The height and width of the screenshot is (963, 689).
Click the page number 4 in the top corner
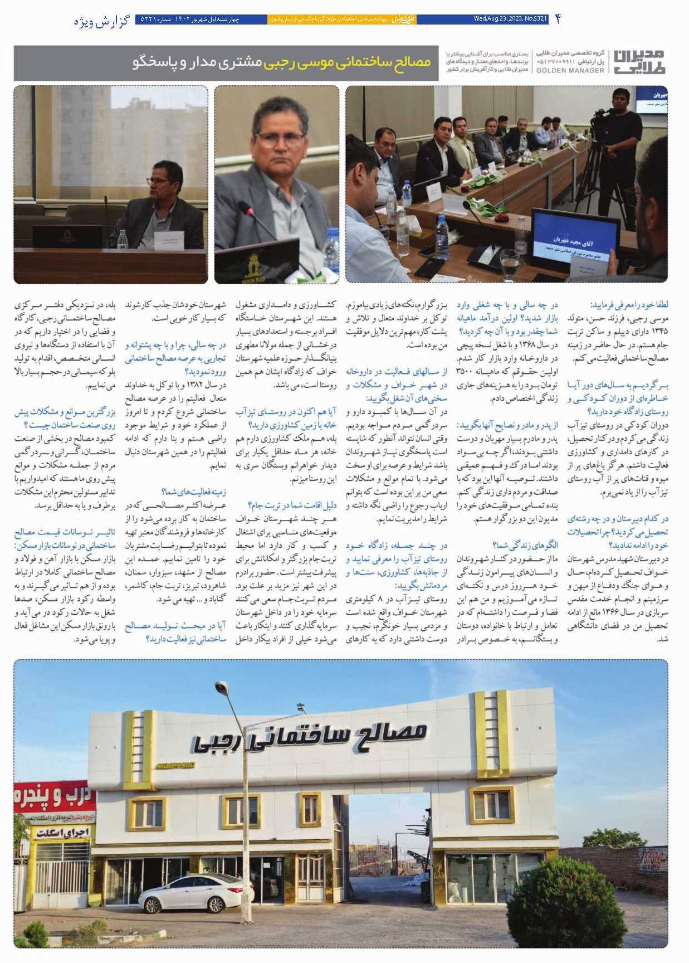pos(558,19)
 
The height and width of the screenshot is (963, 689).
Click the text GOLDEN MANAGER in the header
pos(570,70)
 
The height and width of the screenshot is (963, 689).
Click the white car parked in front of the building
pos(195,893)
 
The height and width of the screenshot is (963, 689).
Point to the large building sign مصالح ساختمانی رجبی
pos(310,735)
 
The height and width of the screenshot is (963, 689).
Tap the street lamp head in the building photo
pos(222,687)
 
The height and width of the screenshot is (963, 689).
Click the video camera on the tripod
pos(602,118)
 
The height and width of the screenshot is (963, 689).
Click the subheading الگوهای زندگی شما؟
pos(525,544)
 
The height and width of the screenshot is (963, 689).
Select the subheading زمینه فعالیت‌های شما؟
pos(193,492)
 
